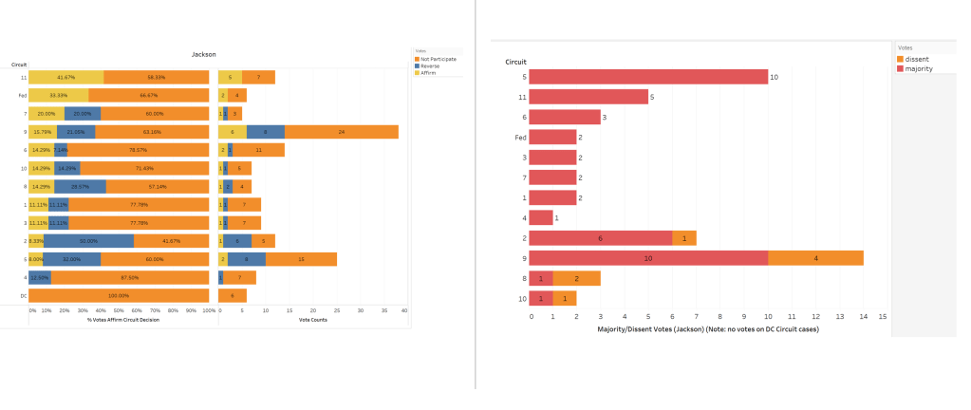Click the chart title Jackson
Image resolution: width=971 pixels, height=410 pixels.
click(204, 55)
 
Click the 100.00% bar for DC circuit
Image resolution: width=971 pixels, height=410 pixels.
click(119, 295)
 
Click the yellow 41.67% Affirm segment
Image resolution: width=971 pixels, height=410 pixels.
click(66, 77)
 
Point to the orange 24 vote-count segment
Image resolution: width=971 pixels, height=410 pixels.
click(342, 132)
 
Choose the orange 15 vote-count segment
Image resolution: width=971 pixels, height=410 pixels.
click(301, 259)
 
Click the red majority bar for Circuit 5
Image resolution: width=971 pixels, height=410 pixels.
click(648, 77)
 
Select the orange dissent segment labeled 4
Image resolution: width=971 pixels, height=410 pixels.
click(815, 257)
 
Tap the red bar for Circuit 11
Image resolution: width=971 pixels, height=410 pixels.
click(588, 96)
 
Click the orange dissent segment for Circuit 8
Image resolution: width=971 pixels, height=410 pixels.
click(576, 277)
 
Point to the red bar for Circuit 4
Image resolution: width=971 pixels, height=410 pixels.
click(540, 217)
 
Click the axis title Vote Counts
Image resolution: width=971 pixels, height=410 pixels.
click(312, 320)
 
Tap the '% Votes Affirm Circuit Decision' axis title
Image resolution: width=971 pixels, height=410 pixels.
click(119, 320)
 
